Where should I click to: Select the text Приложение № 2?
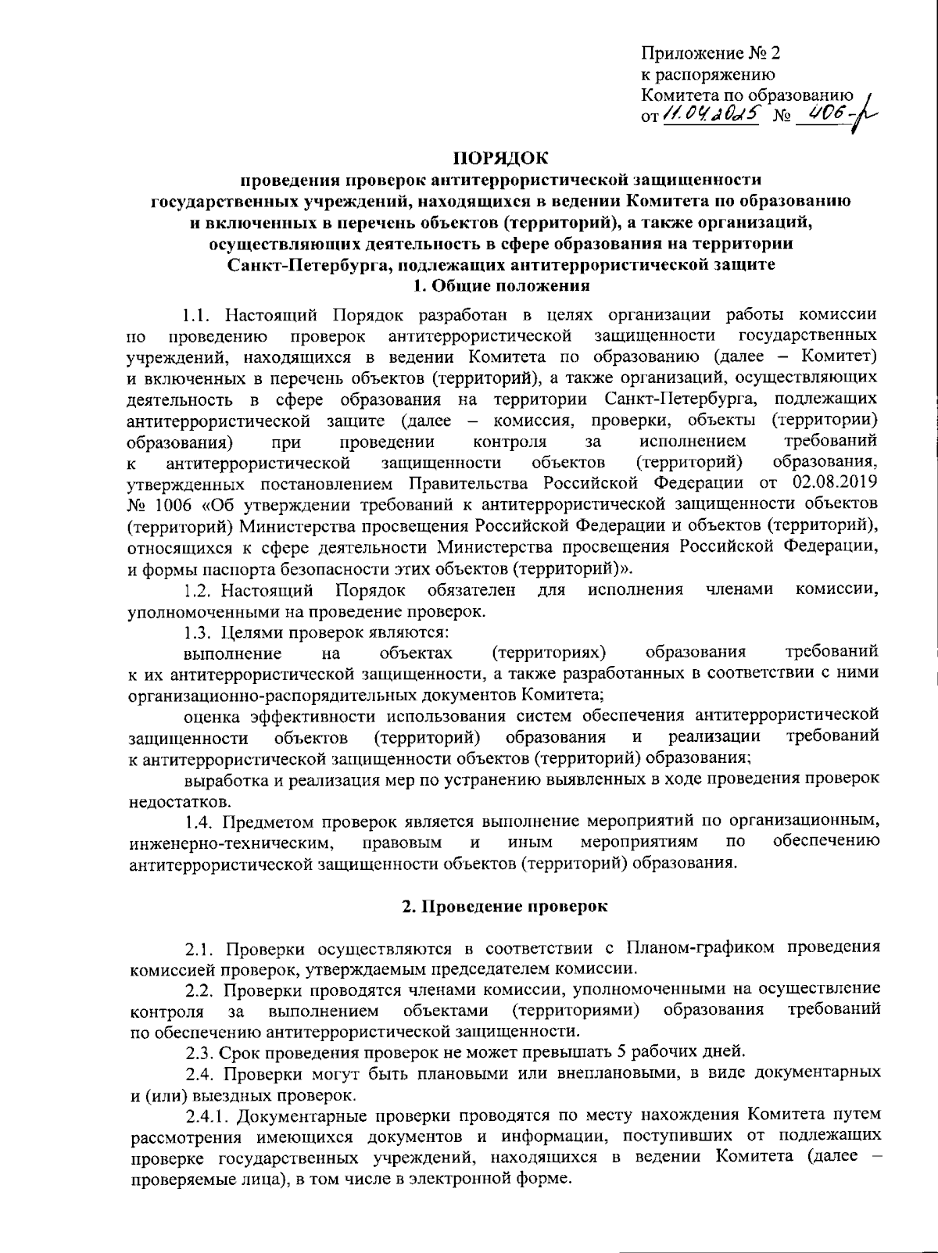click(711, 53)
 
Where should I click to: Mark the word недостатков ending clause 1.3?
click(179, 801)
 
